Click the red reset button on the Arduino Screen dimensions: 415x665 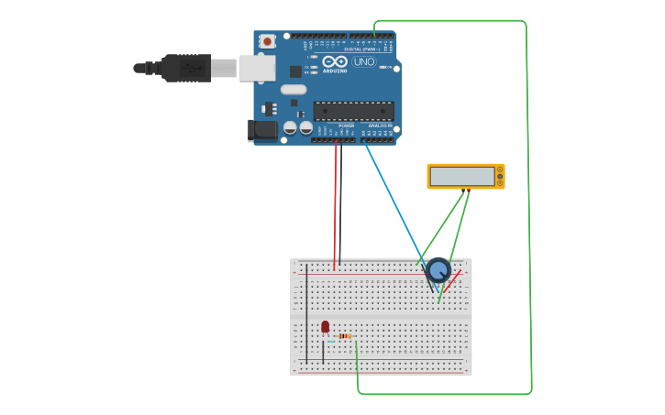click(x=267, y=41)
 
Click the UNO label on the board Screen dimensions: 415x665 click(x=364, y=62)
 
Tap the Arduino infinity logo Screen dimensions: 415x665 click(x=334, y=61)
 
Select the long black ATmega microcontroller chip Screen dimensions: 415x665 click(x=353, y=111)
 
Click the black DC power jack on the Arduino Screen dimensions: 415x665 click(x=262, y=130)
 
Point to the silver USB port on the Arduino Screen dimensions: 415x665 click(x=257, y=68)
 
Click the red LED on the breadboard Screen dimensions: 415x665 click(x=325, y=326)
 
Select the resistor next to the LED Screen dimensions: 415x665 click(x=345, y=336)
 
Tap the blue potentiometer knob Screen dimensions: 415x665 click(x=438, y=269)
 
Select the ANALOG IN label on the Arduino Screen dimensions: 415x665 click(x=380, y=126)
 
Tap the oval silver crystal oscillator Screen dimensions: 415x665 click(x=293, y=90)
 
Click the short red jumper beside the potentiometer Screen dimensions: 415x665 click(x=453, y=280)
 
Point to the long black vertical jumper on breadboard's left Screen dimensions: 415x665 click(x=306, y=311)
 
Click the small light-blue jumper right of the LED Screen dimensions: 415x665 click(x=331, y=342)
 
